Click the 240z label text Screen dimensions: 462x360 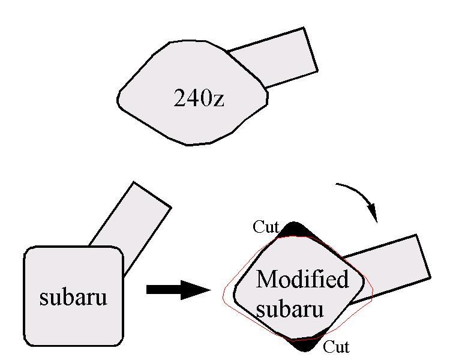[199, 98]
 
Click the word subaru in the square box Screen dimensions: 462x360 [73, 297]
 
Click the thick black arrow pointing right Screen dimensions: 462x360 [179, 290]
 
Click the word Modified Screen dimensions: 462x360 [302, 278]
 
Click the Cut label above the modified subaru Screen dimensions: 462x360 [266, 227]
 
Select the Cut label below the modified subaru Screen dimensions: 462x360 [336, 346]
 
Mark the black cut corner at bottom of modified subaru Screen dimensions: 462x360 [307, 344]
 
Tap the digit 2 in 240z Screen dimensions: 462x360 [179, 98]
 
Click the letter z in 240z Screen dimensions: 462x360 [218, 101]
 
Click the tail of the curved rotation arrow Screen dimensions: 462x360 [336, 184]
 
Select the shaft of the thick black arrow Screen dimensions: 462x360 [164, 290]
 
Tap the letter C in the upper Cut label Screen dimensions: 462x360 [257, 227]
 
